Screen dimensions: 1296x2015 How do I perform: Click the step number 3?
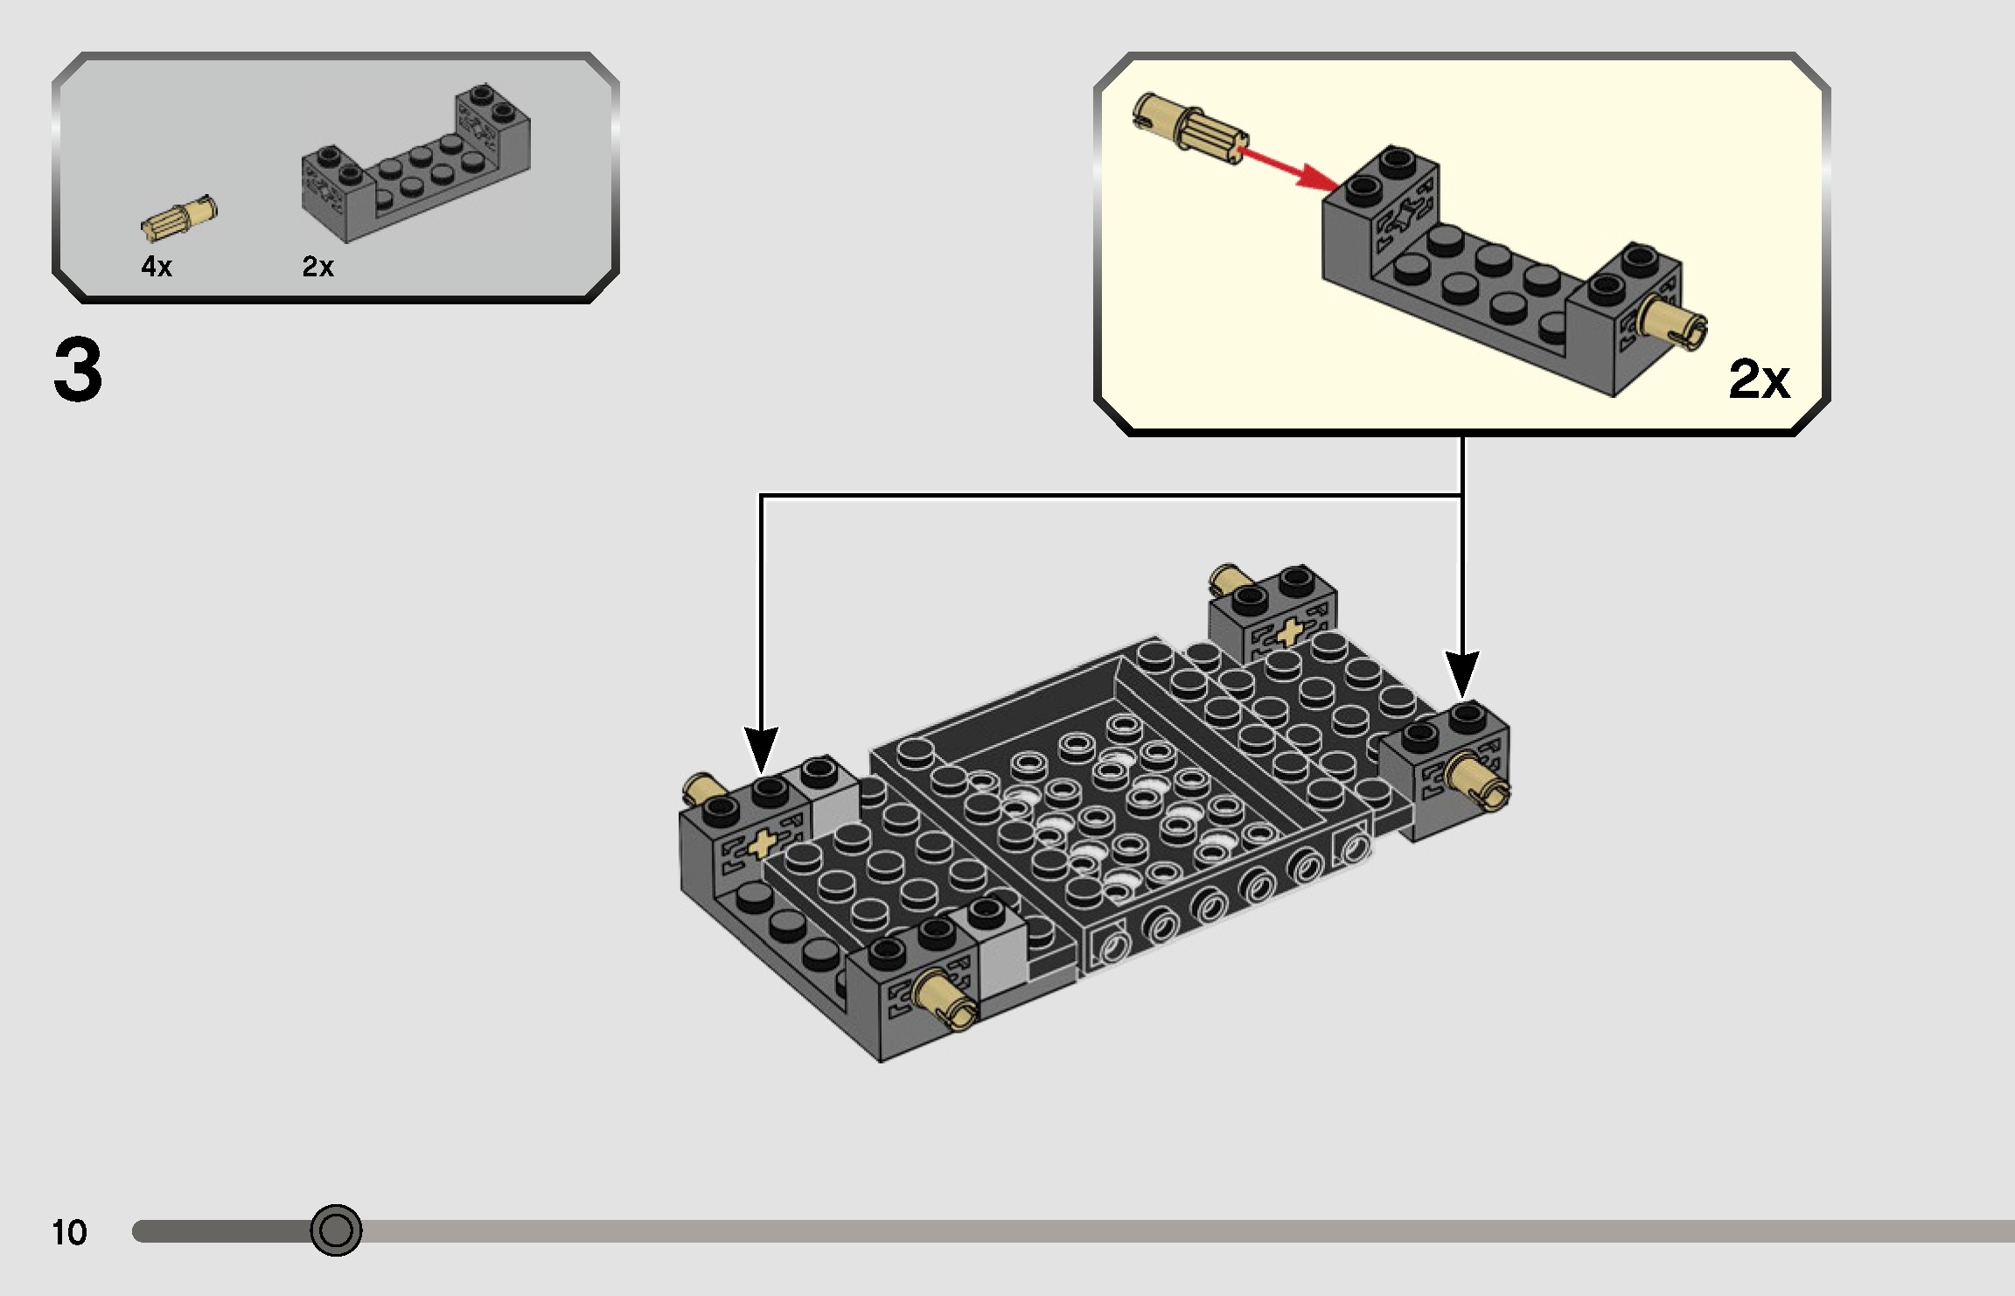(78, 371)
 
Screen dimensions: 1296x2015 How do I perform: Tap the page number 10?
(69, 1232)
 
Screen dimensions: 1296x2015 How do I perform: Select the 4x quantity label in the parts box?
(157, 267)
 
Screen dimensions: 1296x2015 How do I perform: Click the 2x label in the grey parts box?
(317, 267)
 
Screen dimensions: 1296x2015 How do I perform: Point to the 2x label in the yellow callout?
(1759, 379)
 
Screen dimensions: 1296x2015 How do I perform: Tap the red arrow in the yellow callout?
(1289, 170)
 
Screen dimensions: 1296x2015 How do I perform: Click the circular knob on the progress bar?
(336, 1230)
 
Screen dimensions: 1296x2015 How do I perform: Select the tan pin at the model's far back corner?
(1230, 579)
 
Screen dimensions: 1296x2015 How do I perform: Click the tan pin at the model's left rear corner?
(701, 789)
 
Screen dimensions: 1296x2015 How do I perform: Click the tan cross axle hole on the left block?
(761, 844)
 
